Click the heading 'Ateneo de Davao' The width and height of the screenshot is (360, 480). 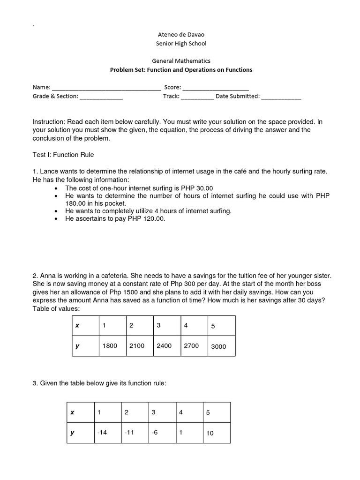pos(180,34)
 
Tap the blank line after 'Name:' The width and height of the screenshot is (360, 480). pos(106,88)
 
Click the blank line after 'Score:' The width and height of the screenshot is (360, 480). pos(216,88)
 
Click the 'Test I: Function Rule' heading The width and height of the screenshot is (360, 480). pos(63,154)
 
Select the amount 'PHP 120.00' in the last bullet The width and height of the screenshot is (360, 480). pos(149,219)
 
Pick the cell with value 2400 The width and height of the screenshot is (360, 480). pos(164,346)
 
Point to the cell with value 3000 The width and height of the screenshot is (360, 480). pos(218,346)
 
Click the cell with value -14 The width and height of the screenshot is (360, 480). pos(102,433)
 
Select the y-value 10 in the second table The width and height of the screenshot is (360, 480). pos(210,433)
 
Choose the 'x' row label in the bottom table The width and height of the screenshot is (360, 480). pos(72,412)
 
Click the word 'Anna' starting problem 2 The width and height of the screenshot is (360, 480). pos(48,276)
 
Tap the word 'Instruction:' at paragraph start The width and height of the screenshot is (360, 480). pos(49,121)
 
